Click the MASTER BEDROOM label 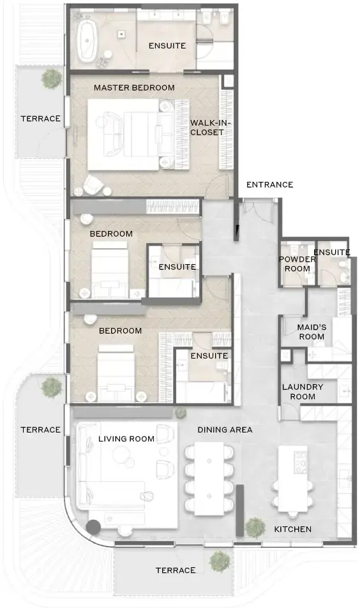[134, 87]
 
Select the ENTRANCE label [269, 185]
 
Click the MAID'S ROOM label [311, 332]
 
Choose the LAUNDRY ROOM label [303, 392]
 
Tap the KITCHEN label [293, 530]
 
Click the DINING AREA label [225, 430]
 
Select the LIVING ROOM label [126, 439]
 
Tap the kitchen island [292, 478]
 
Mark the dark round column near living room [94, 528]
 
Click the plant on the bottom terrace [220, 561]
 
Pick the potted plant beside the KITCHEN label [255, 527]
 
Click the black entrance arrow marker [236, 230]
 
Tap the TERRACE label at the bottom [176, 570]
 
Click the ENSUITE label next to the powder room [332, 252]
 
